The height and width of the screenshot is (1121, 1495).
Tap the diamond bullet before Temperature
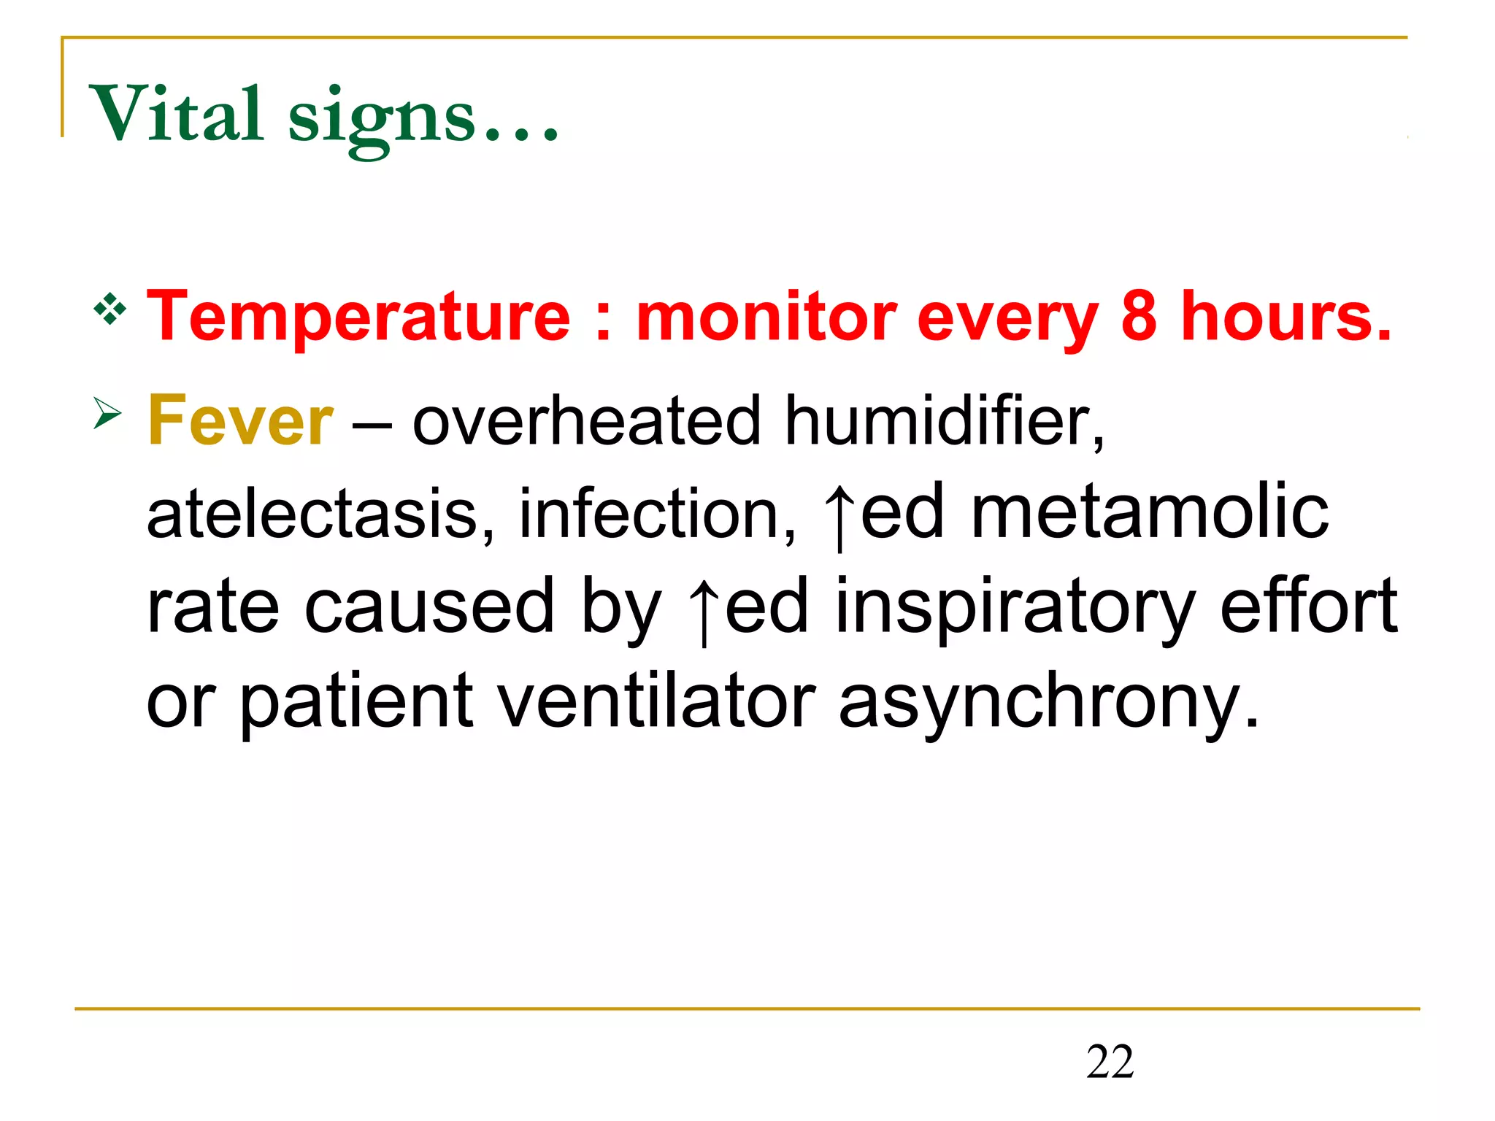click(110, 309)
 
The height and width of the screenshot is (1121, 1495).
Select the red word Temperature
click(358, 317)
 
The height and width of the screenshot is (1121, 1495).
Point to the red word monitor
click(766, 317)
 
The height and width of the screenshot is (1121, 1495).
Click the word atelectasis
click(312, 514)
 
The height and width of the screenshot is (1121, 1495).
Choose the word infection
click(657, 514)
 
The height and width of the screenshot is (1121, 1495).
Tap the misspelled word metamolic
click(1150, 514)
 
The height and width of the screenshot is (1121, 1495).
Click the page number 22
click(1110, 1062)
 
